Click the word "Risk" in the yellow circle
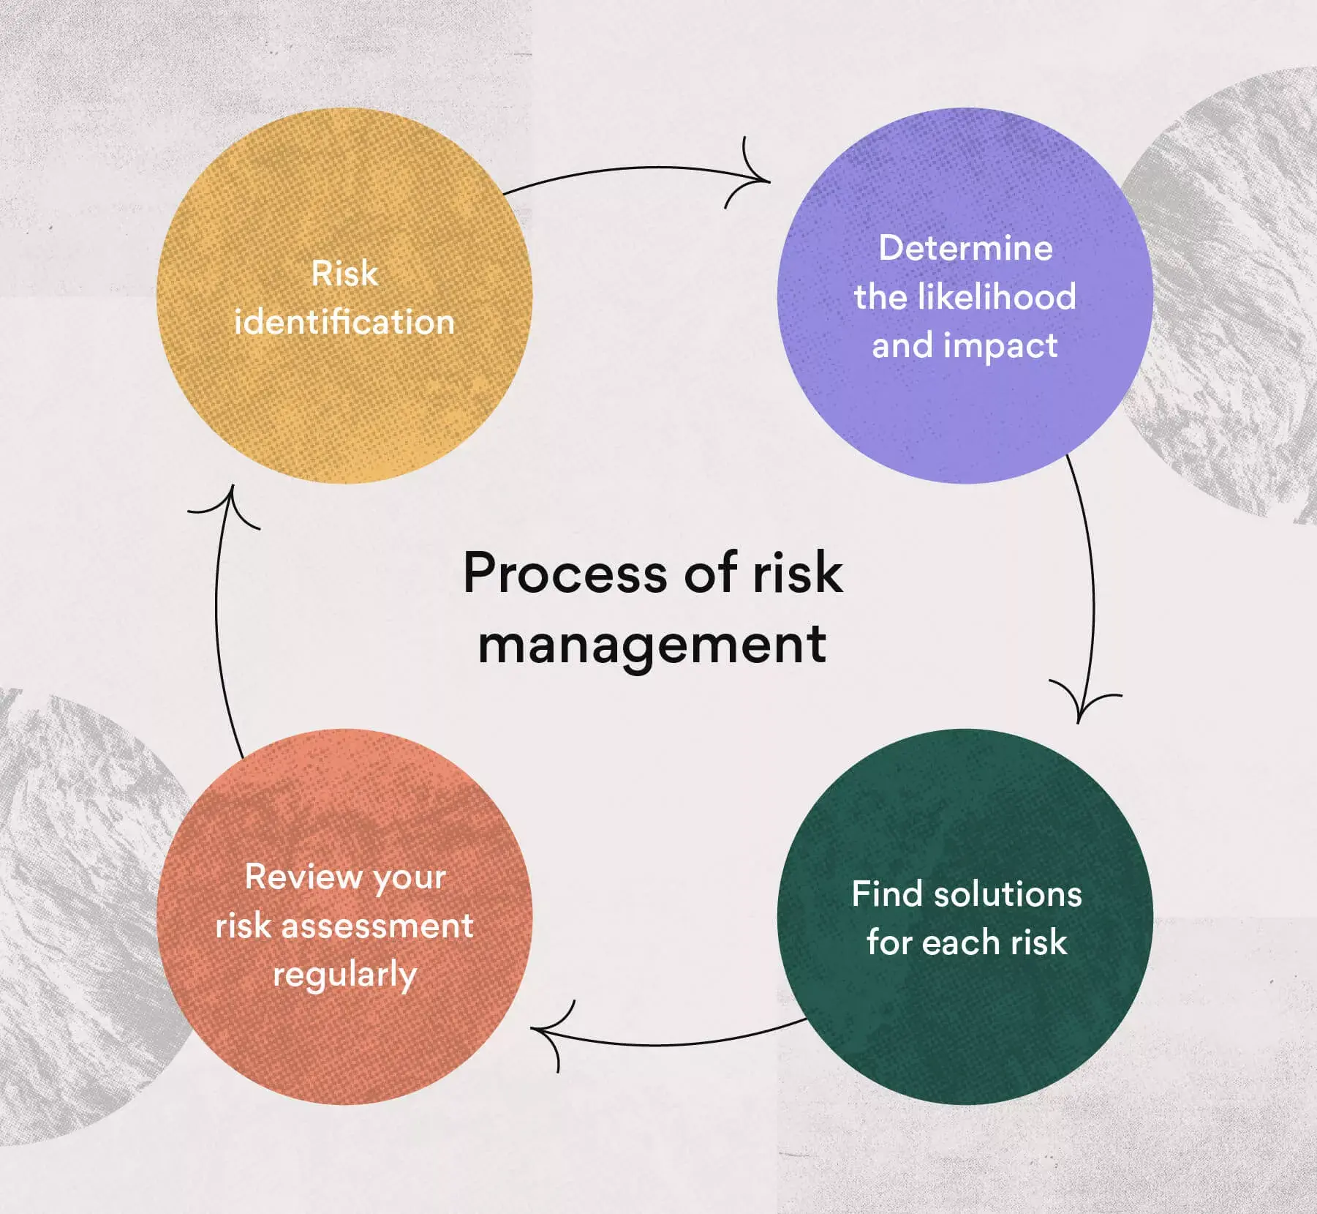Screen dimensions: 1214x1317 344,274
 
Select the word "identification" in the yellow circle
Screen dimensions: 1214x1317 344,322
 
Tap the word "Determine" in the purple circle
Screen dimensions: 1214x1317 965,248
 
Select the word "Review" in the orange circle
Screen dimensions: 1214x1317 303,877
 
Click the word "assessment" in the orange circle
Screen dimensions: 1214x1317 377,926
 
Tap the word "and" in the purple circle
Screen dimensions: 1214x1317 902,345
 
